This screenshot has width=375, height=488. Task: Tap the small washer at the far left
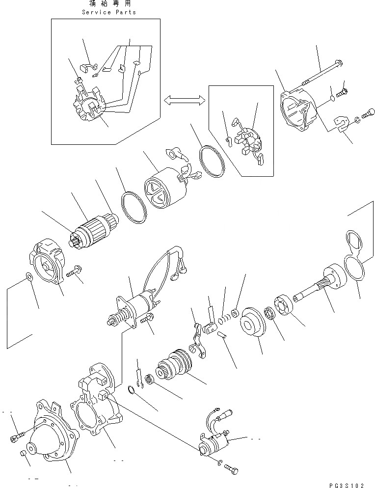coord(29,277)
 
